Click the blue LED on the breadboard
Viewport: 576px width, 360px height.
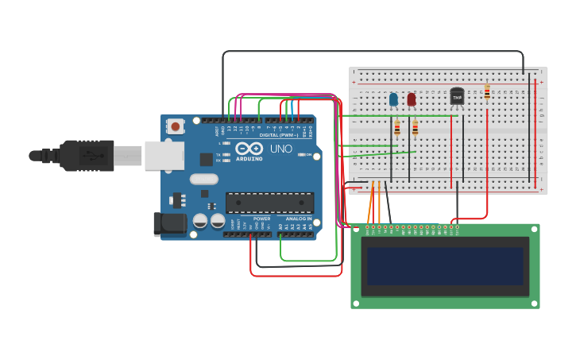(393, 99)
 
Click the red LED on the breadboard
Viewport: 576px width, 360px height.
(411, 99)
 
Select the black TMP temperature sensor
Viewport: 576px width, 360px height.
(457, 97)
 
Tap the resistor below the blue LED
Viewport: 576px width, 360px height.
(397, 128)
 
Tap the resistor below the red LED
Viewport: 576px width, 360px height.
(415, 128)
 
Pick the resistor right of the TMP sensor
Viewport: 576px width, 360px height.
(487, 93)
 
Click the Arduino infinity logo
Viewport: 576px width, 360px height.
(249, 149)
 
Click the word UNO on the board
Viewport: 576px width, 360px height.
(281, 149)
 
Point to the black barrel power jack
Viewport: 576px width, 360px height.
(169, 224)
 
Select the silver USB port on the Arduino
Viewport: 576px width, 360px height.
(164, 156)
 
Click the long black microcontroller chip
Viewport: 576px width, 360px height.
(269, 203)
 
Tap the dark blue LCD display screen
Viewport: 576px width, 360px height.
(445, 266)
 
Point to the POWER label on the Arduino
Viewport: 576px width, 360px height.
(262, 219)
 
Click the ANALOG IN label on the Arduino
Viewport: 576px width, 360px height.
(299, 219)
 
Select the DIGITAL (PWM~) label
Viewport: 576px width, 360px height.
(278, 135)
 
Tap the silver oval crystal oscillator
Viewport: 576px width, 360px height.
(204, 179)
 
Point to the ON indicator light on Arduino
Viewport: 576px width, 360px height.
(300, 155)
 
